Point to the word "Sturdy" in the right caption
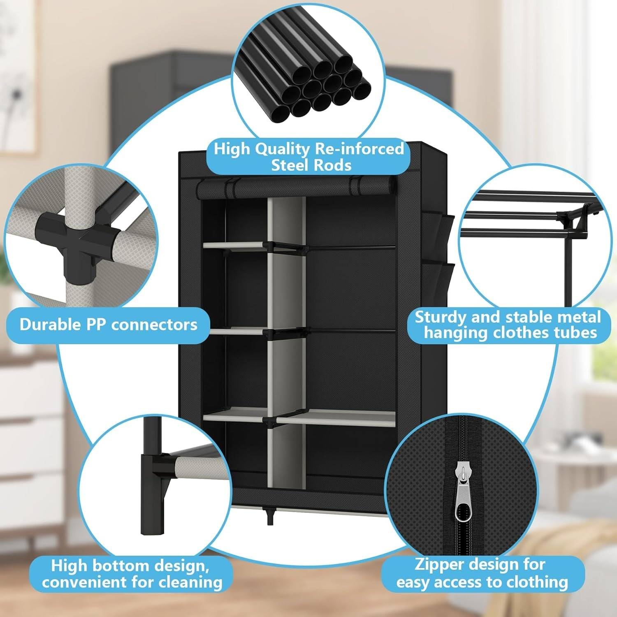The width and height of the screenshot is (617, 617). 441,317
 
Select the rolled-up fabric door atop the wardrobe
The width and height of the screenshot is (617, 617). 296,188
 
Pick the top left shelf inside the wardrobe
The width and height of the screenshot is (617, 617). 234,245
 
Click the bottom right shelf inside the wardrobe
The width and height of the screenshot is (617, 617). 335,418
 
